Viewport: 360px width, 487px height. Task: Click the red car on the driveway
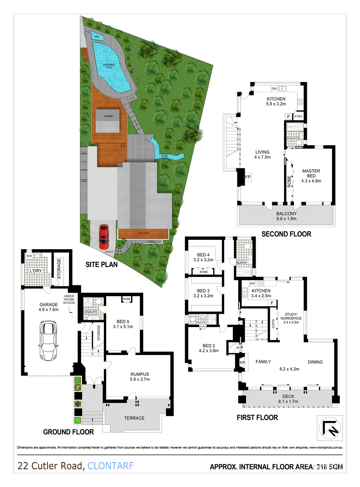coord(104,237)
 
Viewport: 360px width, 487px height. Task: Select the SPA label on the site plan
coord(97,37)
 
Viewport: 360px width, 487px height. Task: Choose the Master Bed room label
coord(311,176)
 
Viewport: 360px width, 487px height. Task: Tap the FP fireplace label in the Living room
coord(248,177)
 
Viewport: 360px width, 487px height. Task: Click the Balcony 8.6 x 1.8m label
coord(287,216)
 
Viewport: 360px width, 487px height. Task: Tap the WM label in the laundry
coord(28,256)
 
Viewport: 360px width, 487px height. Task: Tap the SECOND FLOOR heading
coord(286,234)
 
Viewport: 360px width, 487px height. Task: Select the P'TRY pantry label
coord(299,116)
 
